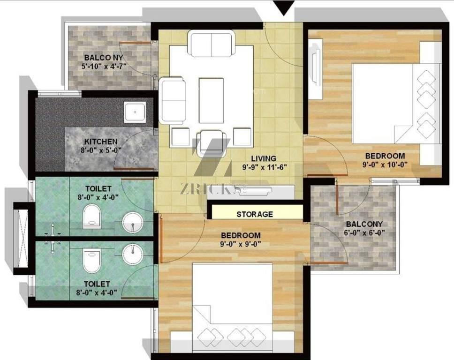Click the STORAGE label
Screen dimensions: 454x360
click(x=255, y=214)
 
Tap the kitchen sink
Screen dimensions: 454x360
click(x=135, y=112)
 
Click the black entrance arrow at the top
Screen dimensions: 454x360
click(x=284, y=8)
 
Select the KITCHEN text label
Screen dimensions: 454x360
click(x=101, y=142)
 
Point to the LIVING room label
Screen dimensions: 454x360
click(x=264, y=158)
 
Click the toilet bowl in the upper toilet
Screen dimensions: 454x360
click(x=92, y=216)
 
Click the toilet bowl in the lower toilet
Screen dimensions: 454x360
click(x=92, y=261)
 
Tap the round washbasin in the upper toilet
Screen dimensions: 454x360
click(x=133, y=222)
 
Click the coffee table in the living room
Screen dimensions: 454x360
click(x=212, y=100)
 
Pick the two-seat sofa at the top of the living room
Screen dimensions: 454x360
click(x=212, y=44)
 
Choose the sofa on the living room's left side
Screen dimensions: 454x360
click(x=172, y=100)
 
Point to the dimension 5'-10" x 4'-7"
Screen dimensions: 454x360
click(x=104, y=66)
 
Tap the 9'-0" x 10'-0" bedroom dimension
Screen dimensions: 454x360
click(x=385, y=165)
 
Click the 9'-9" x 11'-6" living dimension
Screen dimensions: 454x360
click(x=265, y=167)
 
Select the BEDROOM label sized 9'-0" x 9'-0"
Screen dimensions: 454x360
click(x=241, y=235)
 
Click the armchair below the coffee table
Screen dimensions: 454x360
click(x=212, y=143)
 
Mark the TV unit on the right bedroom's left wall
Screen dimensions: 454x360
click(x=315, y=68)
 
